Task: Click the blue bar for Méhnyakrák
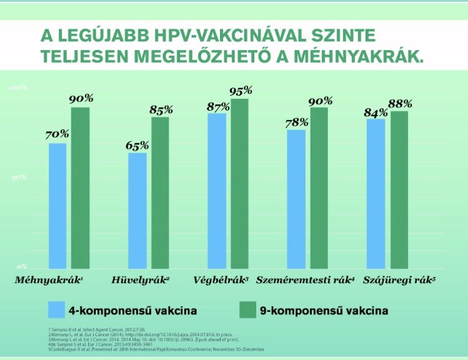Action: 57,206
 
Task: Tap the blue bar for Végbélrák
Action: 217,191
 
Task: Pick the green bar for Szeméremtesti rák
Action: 319,187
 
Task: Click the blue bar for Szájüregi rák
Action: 376,194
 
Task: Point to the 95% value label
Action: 240,91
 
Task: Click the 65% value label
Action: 137,146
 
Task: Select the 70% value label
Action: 57,135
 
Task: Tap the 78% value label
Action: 296,122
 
